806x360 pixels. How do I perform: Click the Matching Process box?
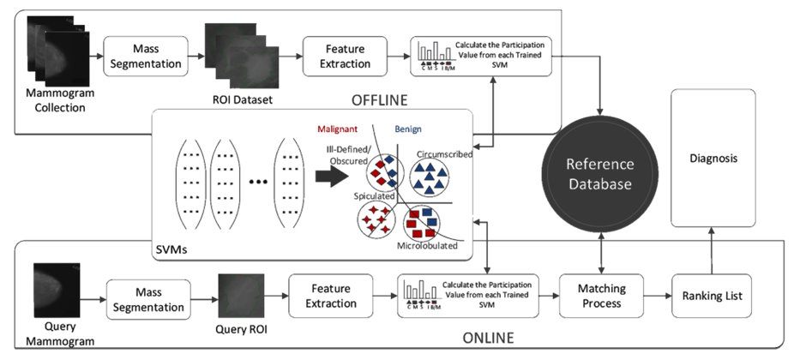point(599,296)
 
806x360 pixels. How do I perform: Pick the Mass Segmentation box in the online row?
point(149,300)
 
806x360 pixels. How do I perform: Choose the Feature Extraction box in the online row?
point(331,296)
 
